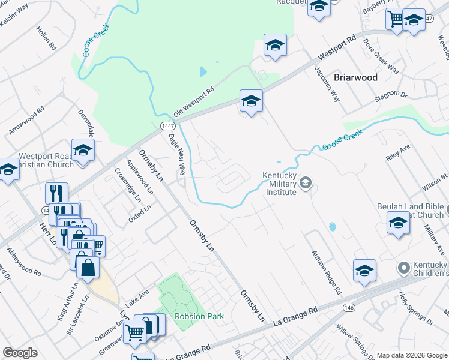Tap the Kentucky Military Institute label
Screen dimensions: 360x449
tap(280, 184)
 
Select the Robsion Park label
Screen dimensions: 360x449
tap(199, 316)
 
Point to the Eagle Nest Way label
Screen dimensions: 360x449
tap(178, 155)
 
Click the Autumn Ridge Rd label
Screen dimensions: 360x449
tap(325, 272)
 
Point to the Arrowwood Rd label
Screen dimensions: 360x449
tap(27, 120)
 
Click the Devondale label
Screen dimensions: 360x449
tap(87, 122)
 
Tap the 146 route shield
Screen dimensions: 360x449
tap(349, 307)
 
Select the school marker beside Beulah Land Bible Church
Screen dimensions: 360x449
tap(397, 223)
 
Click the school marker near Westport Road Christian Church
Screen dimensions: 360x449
tap(83, 150)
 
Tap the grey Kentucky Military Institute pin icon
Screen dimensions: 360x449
tap(306, 182)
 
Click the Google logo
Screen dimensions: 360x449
tap(20, 353)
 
